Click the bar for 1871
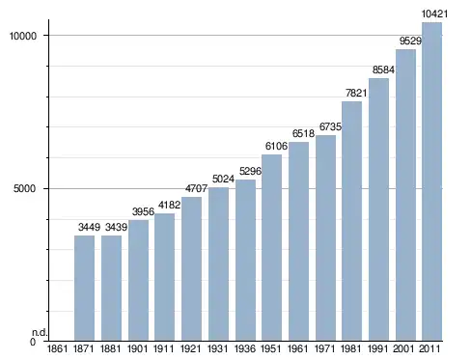tap(84, 288)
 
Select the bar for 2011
tap(431, 181)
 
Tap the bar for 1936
tap(245, 260)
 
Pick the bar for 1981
tap(351, 221)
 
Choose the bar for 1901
tap(138, 280)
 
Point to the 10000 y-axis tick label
tap(23, 36)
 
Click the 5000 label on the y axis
tap(24, 188)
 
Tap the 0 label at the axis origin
tap(33, 342)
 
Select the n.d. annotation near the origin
tap(40, 333)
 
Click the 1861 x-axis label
tap(57, 348)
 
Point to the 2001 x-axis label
tap(404, 348)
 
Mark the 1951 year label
tap(271, 348)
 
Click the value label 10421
tap(434, 14)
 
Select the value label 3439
tap(116, 227)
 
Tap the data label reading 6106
tap(276, 146)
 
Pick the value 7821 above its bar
tap(356, 93)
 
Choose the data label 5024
tap(223, 179)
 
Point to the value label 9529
tap(410, 41)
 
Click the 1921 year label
tap(190, 348)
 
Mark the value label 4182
tap(169, 205)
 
